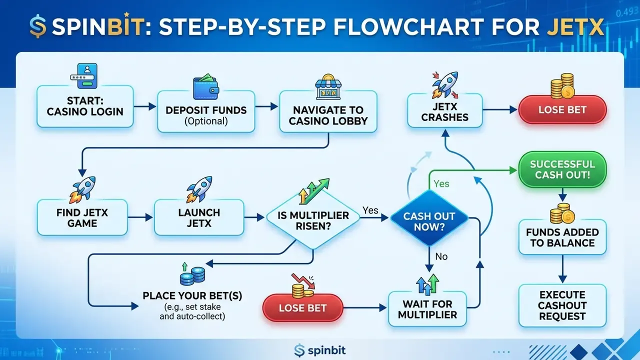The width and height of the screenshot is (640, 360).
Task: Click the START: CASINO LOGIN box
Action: click(85, 106)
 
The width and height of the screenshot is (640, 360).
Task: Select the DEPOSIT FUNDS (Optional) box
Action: click(206, 111)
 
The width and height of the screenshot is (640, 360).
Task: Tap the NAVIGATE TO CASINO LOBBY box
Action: click(328, 111)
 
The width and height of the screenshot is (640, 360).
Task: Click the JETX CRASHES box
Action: click(445, 110)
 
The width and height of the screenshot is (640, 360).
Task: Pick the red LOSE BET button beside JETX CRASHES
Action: click(562, 109)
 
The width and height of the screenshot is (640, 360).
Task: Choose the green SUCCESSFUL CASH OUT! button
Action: click(562, 169)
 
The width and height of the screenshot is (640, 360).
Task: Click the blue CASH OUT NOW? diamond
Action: click(429, 218)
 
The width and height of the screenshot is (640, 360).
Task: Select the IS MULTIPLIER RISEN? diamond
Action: click(313, 218)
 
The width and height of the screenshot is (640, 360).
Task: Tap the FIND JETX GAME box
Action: click(82, 217)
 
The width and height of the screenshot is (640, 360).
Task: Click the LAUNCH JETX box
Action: click(199, 217)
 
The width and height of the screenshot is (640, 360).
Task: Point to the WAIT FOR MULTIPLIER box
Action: click(427, 309)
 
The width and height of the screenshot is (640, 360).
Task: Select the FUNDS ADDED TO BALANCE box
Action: click(562, 237)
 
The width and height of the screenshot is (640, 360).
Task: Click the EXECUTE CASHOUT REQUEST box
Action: click(562, 305)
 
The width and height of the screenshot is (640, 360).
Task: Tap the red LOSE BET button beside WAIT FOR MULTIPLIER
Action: click(303, 307)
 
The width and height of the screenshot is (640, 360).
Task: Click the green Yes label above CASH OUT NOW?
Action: click(441, 183)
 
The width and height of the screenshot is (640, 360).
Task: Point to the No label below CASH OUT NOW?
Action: click(441, 256)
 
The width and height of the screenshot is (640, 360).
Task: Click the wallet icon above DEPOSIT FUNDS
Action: click(206, 86)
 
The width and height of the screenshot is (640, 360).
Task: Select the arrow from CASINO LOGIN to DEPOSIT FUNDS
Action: click(145, 106)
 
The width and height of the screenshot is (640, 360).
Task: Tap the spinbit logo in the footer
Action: click(319, 350)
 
